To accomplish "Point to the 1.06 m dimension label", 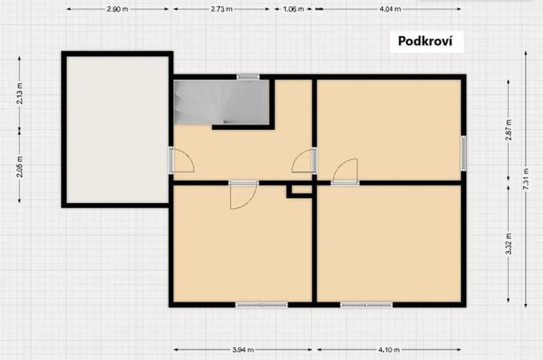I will (294, 9).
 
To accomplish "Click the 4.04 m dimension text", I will (389, 9).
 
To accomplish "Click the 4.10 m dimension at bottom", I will (388, 350).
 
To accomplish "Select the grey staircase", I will (220, 102).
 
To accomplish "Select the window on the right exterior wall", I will (464, 152).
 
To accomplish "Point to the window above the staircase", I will (248, 76).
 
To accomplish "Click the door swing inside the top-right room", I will (346, 171).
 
